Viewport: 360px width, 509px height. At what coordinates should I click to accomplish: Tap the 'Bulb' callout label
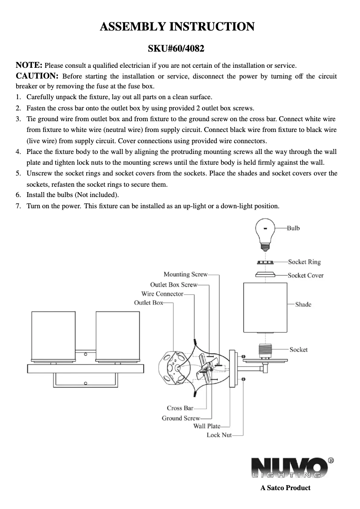[293, 228]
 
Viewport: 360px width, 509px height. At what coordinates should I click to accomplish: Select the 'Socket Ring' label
[304, 262]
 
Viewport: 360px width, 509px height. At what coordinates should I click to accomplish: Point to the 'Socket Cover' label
[305, 275]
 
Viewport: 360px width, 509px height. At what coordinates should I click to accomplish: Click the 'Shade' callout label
[303, 304]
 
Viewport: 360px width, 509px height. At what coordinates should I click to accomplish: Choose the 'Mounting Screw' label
[185, 274]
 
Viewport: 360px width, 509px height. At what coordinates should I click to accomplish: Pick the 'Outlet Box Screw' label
[174, 285]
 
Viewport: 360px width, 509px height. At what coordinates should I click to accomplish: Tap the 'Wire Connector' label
[162, 294]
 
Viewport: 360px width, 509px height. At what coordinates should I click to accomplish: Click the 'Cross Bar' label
[180, 408]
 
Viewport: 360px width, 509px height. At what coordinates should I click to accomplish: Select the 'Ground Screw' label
[178, 418]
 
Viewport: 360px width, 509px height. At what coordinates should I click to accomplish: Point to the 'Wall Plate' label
[206, 426]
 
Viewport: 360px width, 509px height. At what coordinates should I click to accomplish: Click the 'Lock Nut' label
[219, 435]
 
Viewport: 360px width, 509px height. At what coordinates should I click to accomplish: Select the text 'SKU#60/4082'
[177, 48]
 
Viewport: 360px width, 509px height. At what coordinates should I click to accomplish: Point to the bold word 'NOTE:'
[29, 65]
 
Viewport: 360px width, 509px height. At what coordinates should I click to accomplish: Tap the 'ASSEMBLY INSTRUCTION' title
[177, 26]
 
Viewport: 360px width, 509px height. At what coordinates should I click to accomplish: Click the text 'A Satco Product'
[285, 487]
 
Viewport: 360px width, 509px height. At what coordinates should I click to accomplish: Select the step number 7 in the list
[18, 206]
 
